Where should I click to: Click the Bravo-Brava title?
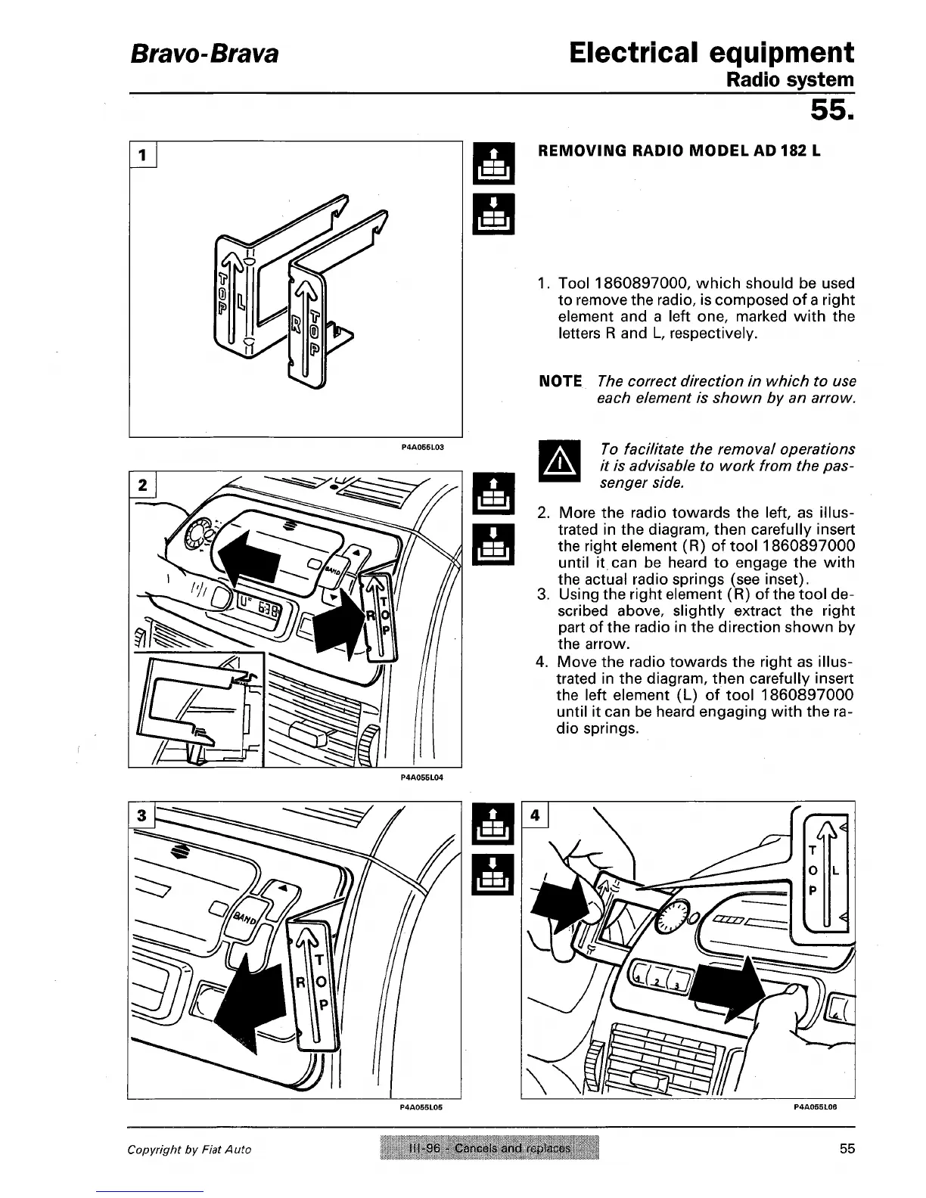(x=204, y=54)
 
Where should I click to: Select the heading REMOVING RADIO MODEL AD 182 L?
(x=678, y=150)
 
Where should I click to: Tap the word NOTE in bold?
(x=560, y=381)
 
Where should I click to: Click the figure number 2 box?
(x=141, y=484)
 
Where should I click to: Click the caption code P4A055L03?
(x=421, y=447)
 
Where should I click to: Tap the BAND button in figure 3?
(x=244, y=919)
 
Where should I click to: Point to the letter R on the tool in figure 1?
(x=297, y=326)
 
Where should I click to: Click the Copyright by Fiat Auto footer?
(x=189, y=1150)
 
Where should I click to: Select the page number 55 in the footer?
(x=847, y=1149)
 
